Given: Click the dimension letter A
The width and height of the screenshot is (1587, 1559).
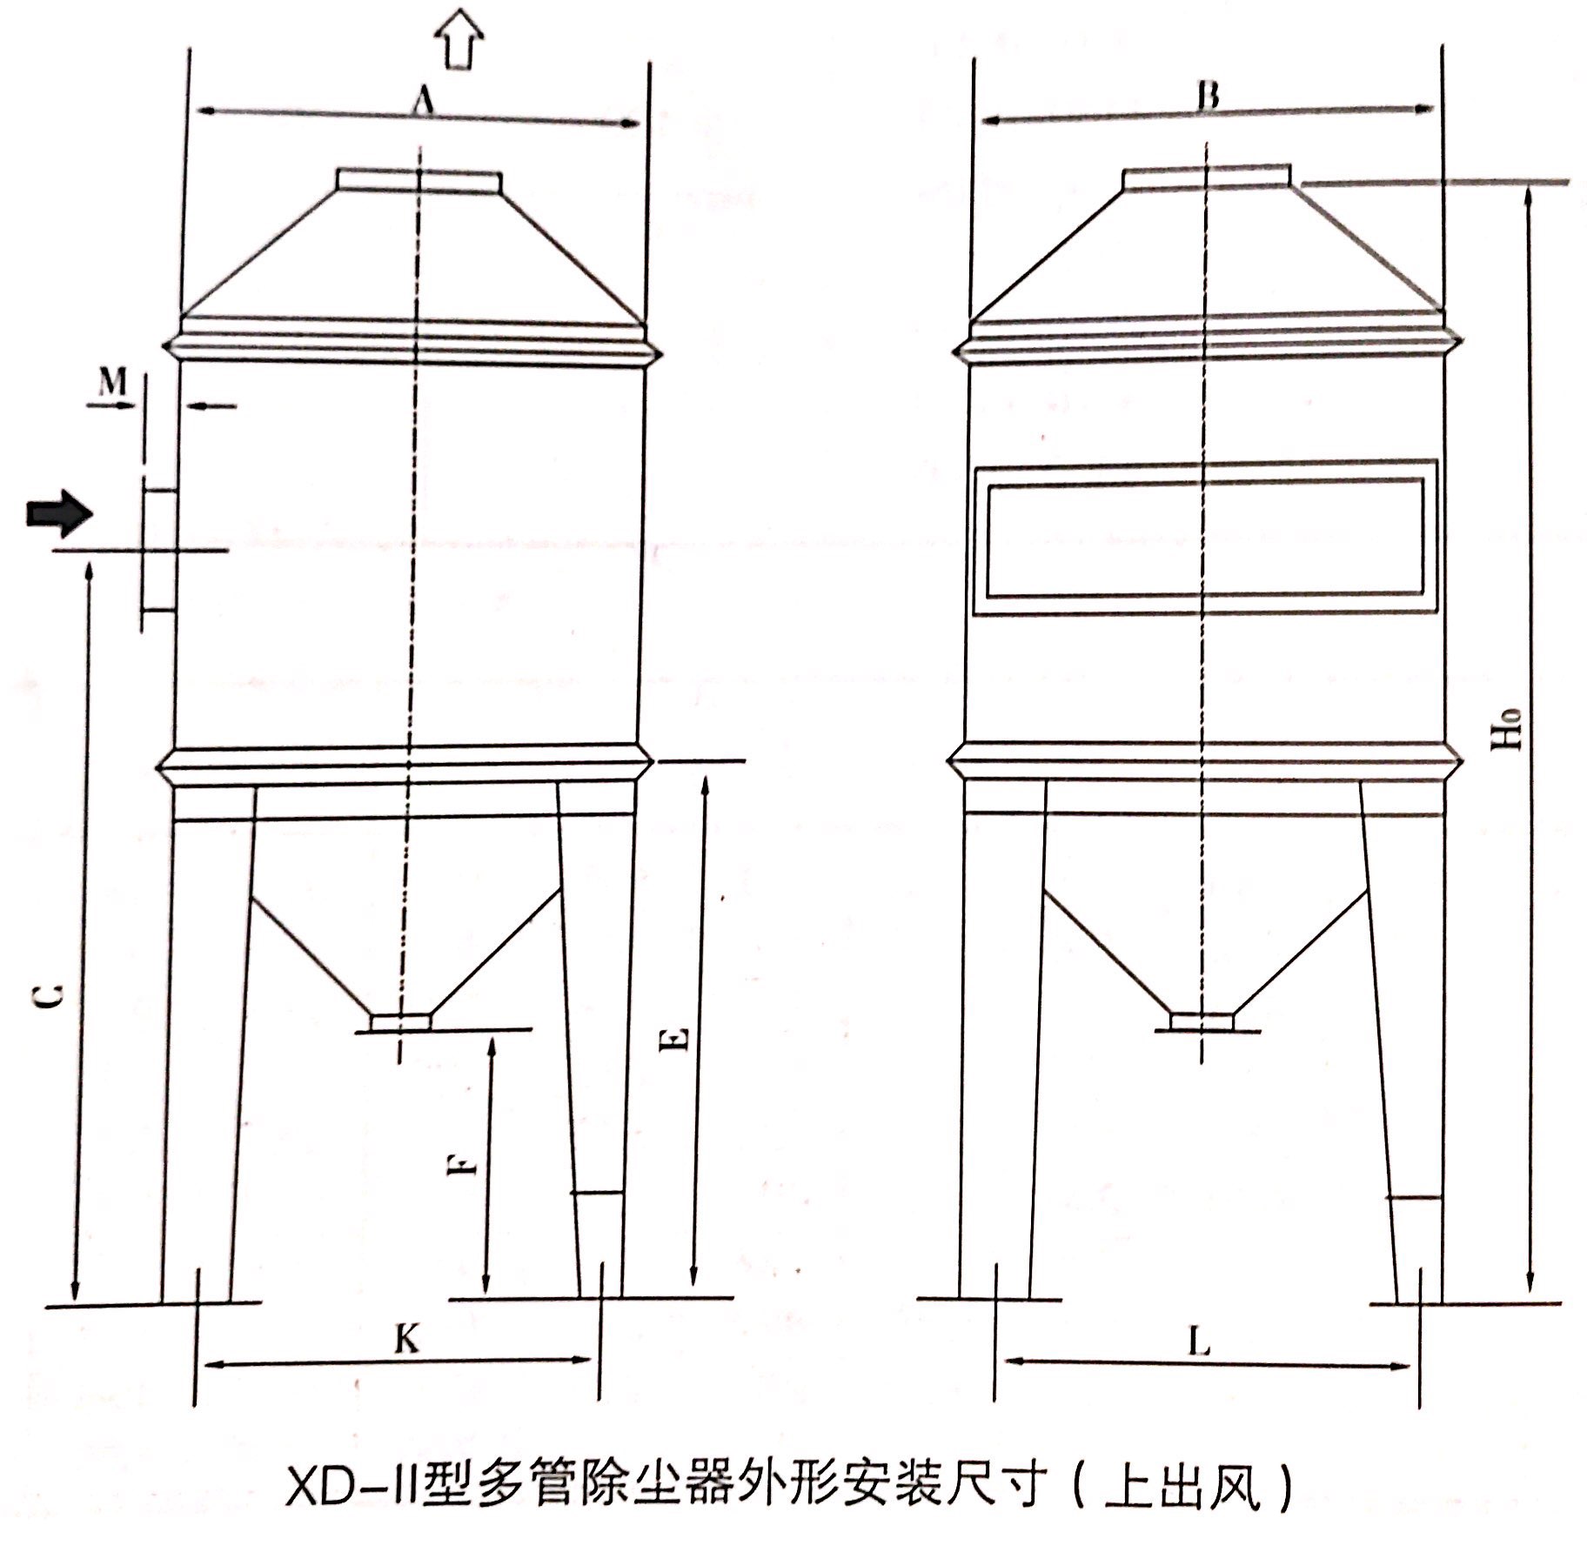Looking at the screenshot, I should click(x=423, y=103).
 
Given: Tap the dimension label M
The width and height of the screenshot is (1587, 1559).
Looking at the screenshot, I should click(x=112, y=381).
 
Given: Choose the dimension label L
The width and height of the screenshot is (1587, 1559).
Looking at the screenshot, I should click(x=1200, y=1345).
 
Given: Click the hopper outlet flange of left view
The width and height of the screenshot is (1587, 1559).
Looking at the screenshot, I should click(x=400, y=1021).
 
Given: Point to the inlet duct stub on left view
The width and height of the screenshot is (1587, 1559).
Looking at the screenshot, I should click(x=159, y=550).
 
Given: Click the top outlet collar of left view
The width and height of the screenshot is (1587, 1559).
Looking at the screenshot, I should click(x=419, y=180).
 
